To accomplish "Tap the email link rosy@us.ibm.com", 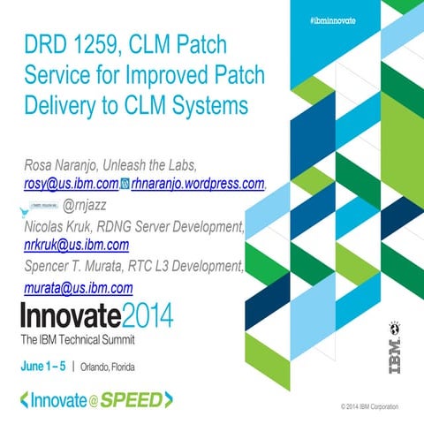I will pos(71,184).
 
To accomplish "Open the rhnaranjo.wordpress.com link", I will pos(197,184).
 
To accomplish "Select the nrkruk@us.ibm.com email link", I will pos(77,246).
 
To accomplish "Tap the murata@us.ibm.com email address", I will pos(78,288).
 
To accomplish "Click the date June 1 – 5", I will pos(42,366).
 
